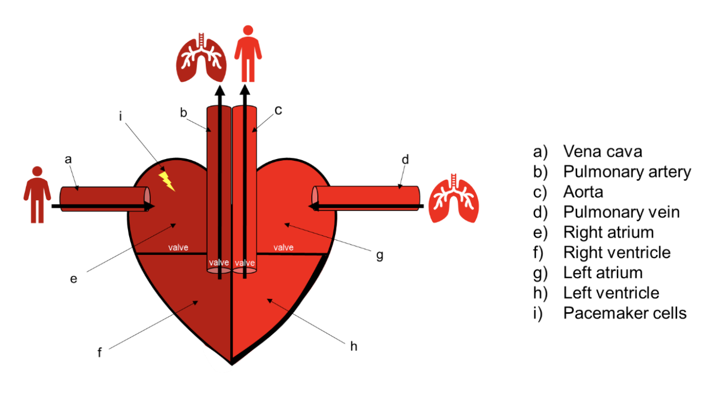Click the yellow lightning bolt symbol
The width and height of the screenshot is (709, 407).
coord(167,181)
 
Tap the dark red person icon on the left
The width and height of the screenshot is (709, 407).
coord(37,195)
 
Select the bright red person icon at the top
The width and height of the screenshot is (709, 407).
coord(248,53)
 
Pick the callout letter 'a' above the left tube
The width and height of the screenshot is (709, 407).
coord(68,159)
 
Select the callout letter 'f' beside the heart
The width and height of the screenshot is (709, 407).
coord(99,353)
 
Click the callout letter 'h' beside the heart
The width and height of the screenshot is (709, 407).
coord(353,346)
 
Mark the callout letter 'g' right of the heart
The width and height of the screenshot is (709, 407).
coord(379,254)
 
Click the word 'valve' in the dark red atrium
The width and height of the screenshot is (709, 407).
coord(178,248)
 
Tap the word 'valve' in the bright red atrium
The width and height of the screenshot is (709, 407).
coord(283,248)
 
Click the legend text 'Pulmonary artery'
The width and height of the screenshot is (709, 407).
coord(627,172)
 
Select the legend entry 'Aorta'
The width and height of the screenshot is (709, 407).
coord(583,192)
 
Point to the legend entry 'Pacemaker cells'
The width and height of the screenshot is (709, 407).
coord(625,313)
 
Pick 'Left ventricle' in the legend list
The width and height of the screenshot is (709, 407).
coord(611,293)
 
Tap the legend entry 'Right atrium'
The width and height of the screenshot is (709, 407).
coord(608,232)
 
